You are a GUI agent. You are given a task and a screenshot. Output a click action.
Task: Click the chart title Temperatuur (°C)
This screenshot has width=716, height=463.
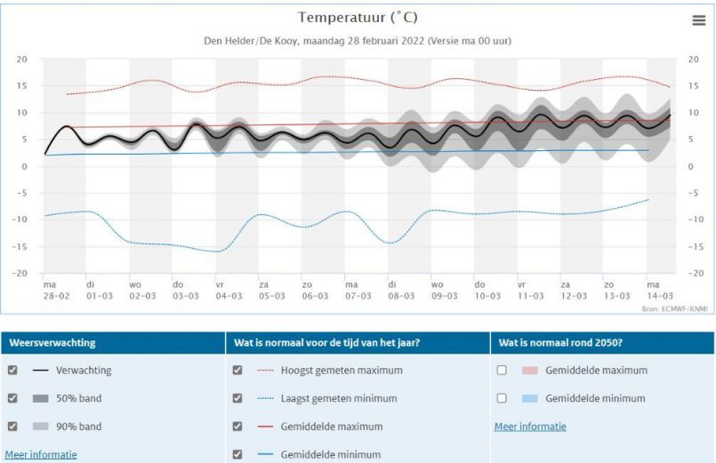(x=358, y=18)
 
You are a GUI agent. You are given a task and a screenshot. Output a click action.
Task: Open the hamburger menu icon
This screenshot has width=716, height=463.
(x=699, y=20)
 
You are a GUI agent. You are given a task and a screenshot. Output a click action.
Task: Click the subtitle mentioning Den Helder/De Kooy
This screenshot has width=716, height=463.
(x=358, y=42)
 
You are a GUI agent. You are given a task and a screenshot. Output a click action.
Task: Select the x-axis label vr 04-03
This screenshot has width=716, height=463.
(x=229, y=290)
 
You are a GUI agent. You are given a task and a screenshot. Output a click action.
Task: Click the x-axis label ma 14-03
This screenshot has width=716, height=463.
(x=658, y=290)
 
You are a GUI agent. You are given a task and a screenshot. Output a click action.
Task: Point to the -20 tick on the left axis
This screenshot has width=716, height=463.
(x=21, y=274)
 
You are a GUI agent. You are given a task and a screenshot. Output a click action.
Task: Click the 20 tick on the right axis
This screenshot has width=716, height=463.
(x=694, y=60)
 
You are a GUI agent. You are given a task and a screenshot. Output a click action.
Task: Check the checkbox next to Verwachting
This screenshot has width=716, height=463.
(x=12, y=371)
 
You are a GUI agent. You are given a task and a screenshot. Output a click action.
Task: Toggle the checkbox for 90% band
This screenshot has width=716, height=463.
(x=12, y=427)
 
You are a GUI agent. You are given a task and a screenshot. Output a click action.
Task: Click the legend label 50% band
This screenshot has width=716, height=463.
(x=78, y=399)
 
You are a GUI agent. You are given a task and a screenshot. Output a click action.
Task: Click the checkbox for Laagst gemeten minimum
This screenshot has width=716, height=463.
(x=237, y=399)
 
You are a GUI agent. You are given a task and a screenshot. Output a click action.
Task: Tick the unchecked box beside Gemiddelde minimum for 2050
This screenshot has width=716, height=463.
(x=503, y=399)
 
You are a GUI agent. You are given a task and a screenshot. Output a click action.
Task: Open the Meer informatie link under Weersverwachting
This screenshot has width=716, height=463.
(x=41, y=454)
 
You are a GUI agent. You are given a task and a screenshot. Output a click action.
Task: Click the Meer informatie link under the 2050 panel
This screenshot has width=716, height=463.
(x=530, y=427)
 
